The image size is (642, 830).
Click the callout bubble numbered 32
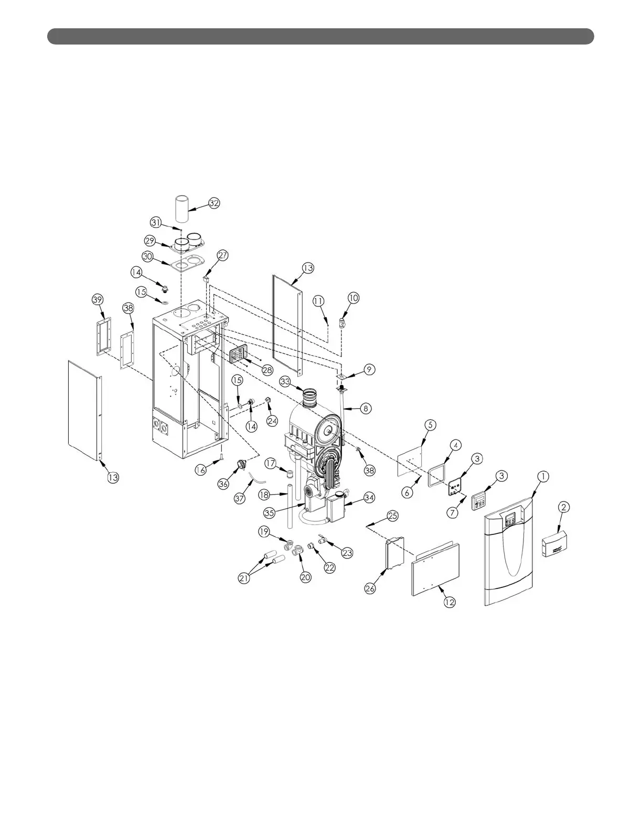click(x=214, y=203)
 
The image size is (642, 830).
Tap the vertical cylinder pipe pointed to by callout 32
click(x=181, y=210)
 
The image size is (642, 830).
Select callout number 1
click(x=543, y=476)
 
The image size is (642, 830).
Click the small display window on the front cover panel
click(x=511, y=520)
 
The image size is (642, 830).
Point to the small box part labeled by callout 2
click(x=555, y=545)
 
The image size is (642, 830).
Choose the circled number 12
click(x=450, y=603)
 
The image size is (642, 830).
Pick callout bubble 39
click(x=98, y=299)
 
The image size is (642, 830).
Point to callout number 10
click(x=354, y=298)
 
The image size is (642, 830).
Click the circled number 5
click(x=430, y=424)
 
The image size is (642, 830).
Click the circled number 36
click(x=223, y=484)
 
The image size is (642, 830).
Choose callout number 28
click(x=267, y=370)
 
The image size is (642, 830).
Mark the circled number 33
click(x=285, y=381)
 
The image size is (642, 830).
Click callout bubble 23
click(x=347, y=552)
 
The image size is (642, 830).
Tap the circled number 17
click(x=270, y=463)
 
